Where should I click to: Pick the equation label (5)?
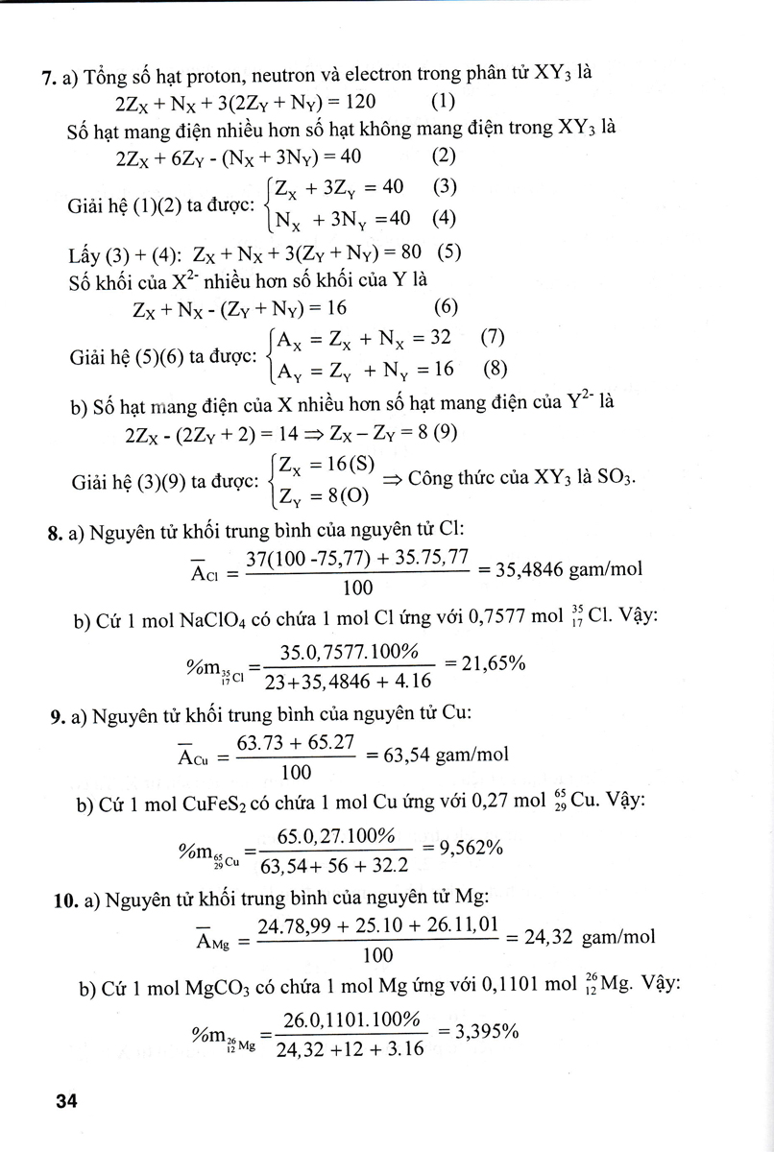[449, 254]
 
